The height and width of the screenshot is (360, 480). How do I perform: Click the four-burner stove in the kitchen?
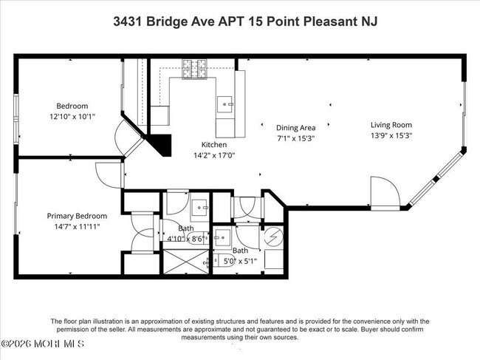point(196,68)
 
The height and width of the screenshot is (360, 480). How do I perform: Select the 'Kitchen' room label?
point(214,145)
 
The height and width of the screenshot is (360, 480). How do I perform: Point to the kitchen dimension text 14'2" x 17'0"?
point(214,155)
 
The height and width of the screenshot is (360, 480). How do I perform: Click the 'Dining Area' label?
point(296,127)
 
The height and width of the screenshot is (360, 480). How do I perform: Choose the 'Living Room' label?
point(391,125)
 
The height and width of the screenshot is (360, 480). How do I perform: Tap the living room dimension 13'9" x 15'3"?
point(391,135)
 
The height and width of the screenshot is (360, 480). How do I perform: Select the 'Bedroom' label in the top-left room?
point(72,106)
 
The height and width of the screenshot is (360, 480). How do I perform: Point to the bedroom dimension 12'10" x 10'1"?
point(72,116)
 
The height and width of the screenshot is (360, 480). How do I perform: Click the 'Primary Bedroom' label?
point(77,216)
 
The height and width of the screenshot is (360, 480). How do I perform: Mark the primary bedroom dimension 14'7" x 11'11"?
point(77,226)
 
